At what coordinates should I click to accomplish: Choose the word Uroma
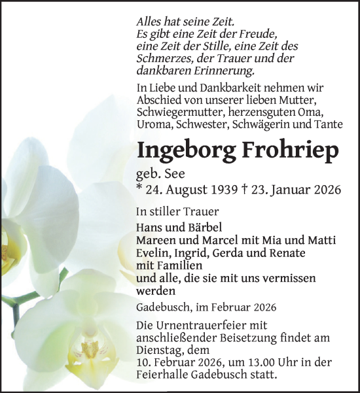click(153, 124)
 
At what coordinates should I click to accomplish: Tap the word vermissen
click(285, 278)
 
